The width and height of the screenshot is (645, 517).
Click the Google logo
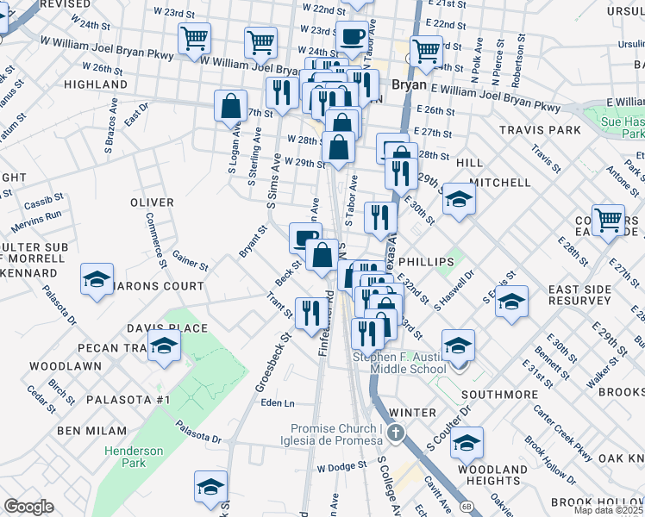(x=29, y=507)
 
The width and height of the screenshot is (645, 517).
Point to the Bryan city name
(x=408, y=85)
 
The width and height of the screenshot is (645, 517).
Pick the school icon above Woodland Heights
(x=467, y=443)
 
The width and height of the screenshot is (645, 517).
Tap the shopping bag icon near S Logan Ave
(x=231, y=107)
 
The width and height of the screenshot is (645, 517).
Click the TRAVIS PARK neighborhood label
(x=540, y=130)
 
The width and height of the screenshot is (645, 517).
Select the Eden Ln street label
(x=277, y=403)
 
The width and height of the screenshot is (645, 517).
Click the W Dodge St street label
(x=341, y=467)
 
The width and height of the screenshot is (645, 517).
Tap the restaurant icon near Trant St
(x=310, y=312)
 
